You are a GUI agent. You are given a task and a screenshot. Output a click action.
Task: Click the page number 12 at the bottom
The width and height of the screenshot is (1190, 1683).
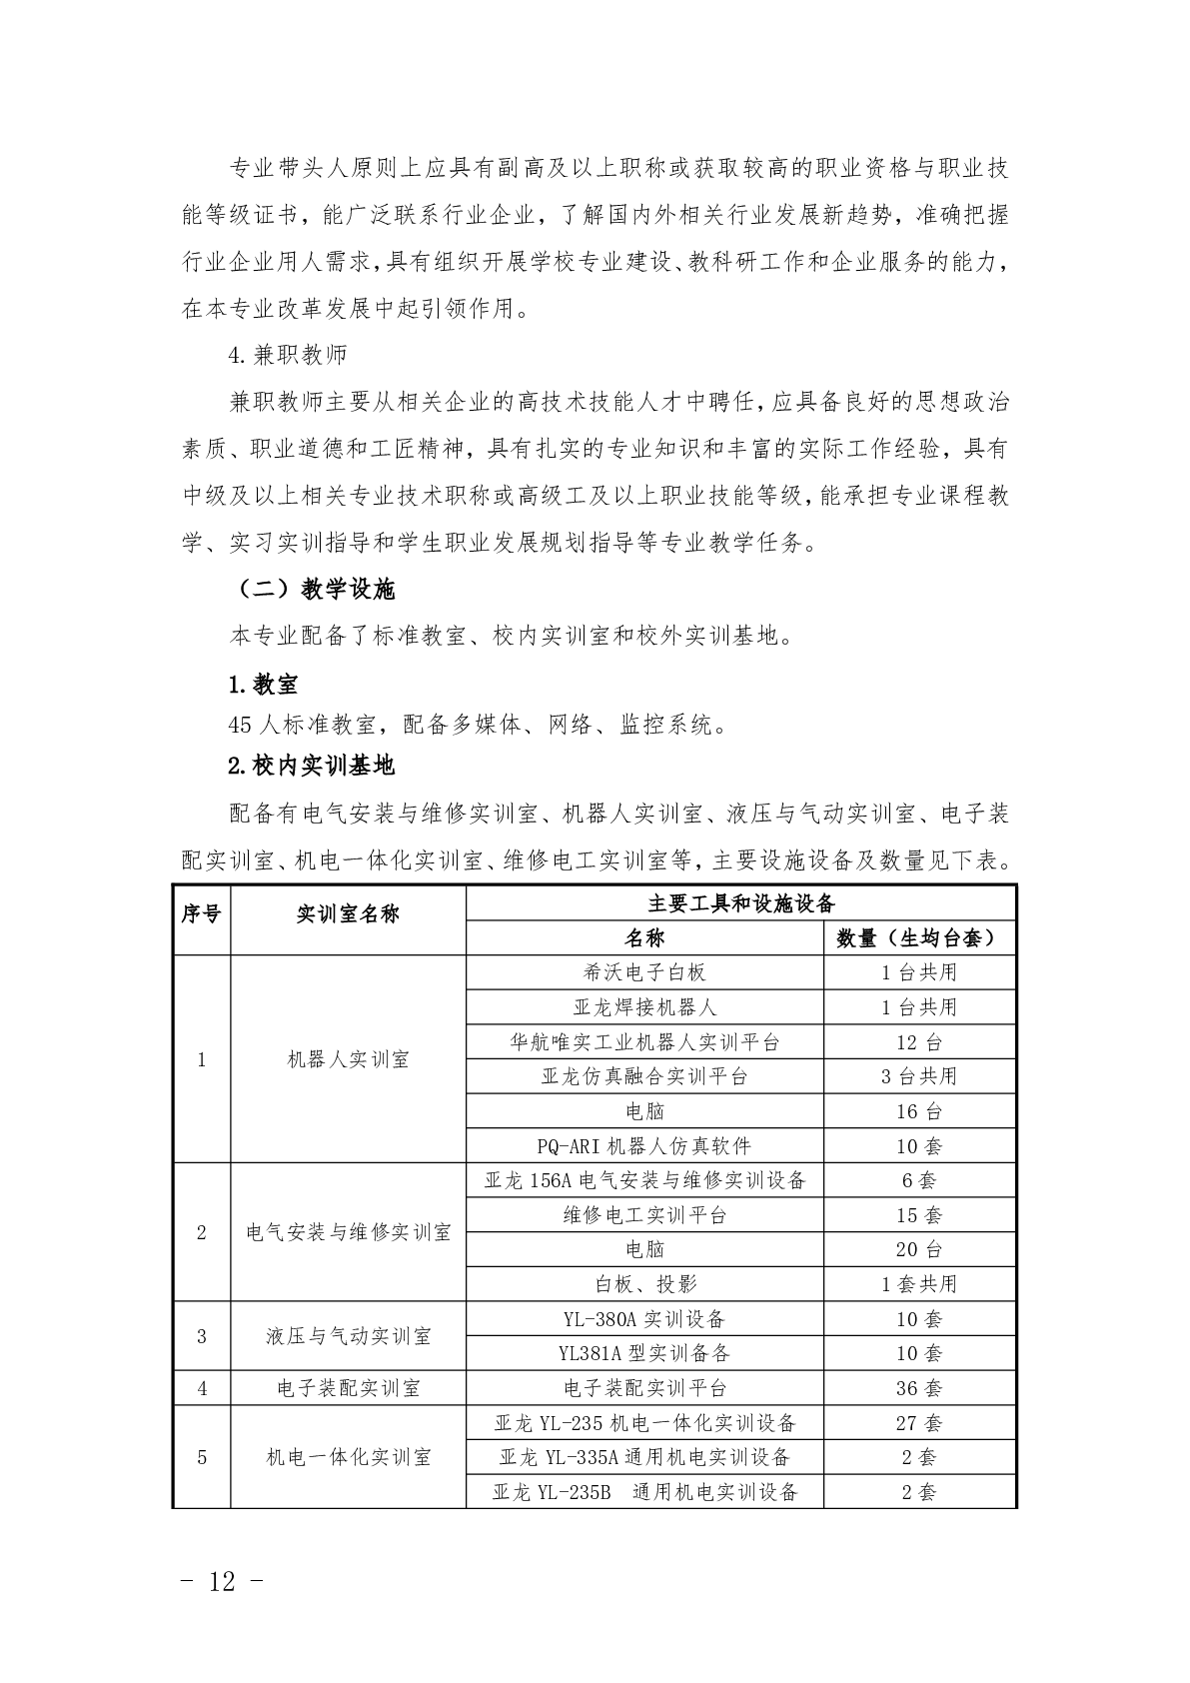(x=223, y=1581)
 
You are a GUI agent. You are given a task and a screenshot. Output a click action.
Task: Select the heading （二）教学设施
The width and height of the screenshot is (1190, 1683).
(x=316, y=590)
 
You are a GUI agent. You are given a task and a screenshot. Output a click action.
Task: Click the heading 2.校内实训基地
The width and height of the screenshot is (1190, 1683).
(x=311, y=766)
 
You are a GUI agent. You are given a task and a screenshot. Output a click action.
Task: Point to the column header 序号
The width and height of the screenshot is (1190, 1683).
(x=201, y=913)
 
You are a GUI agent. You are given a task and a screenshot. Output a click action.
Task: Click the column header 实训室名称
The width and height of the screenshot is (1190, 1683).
(x=348, y=913)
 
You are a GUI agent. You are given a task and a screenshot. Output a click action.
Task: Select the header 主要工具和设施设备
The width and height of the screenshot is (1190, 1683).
(x=740, y=903)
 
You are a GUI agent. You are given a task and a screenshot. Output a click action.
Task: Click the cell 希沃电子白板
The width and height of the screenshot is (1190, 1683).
(x=644, y=972)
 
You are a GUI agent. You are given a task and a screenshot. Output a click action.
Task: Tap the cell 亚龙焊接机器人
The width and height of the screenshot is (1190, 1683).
(x=644, y=1007)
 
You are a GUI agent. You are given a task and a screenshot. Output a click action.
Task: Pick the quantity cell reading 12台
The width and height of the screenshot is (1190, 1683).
(x=919, y=1042)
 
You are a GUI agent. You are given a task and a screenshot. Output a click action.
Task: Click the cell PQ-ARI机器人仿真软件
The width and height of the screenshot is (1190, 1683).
(x=644, y=1146)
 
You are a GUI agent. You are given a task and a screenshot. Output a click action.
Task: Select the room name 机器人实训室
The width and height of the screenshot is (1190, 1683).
(x=348, y=1059)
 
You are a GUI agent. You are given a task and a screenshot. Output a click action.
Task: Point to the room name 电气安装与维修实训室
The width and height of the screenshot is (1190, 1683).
(x=348, y=1232)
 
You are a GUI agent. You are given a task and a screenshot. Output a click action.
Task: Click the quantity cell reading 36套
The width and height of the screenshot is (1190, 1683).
(x=919, y=1388)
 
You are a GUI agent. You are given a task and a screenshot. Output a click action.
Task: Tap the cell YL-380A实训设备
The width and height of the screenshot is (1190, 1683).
(x=644, y=1319)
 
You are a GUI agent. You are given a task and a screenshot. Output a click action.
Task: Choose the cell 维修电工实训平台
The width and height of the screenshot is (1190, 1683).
(x=644, y=1215)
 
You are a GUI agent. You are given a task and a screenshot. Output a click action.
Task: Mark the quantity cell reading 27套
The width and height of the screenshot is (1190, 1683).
(x=919, y=1423)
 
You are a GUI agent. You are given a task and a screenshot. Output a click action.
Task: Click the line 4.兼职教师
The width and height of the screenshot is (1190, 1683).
(x=288, y=355)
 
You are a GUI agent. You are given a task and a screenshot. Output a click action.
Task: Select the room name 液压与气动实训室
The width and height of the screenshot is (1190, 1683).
(x=348, y=1336)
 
